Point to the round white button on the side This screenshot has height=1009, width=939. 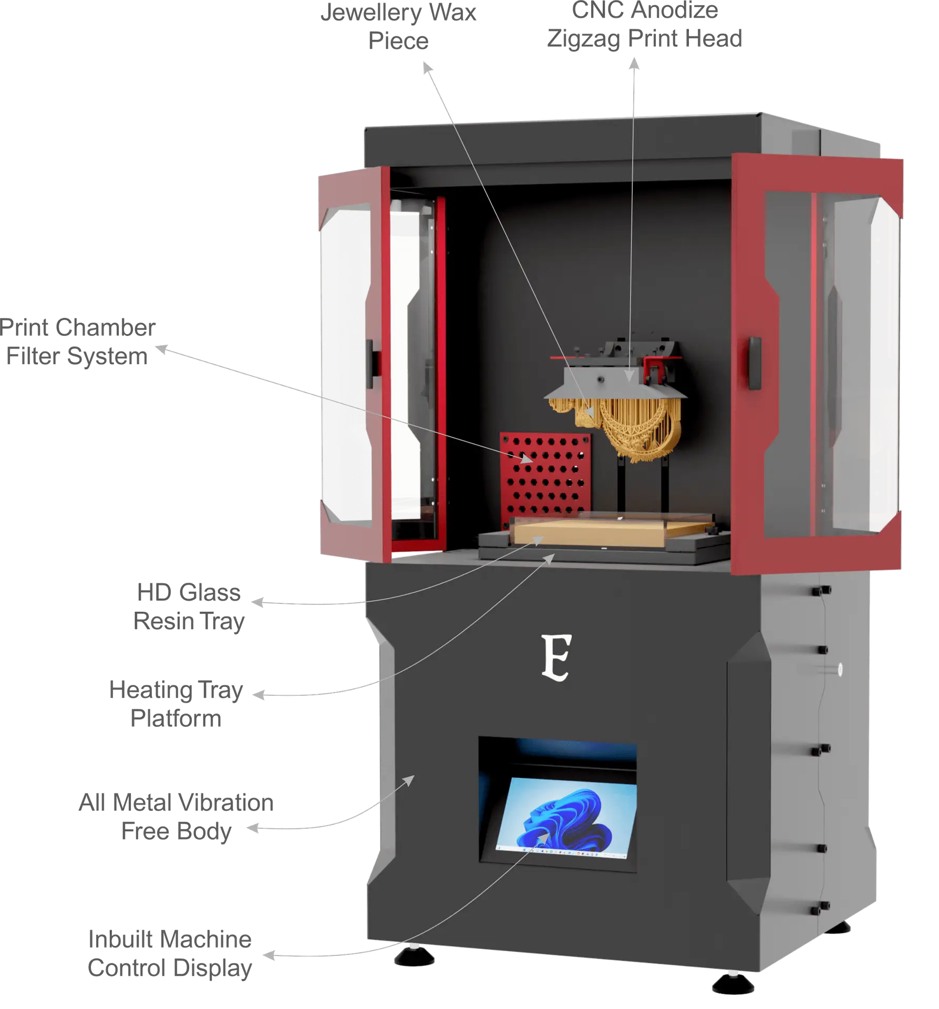[839, 669]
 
